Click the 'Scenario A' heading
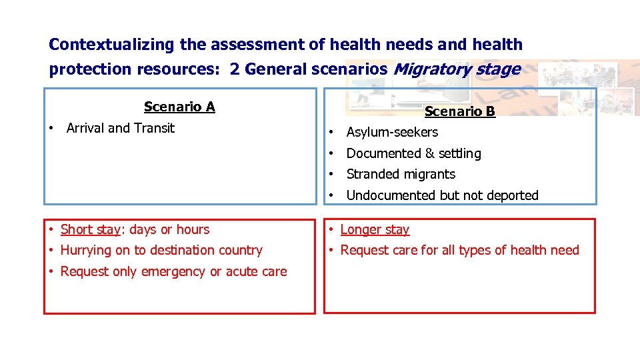179,107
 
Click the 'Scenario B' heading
459,111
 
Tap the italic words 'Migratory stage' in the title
457,69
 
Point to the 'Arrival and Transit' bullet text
121,128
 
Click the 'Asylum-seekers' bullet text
392,132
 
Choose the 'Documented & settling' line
413,153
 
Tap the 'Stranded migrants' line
401,174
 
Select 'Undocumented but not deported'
442,195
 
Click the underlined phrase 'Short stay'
90,229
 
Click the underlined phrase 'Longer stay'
375,229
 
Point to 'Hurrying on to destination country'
161,250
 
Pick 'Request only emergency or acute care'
173,271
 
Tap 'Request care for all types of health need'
459,250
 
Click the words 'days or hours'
169,229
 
